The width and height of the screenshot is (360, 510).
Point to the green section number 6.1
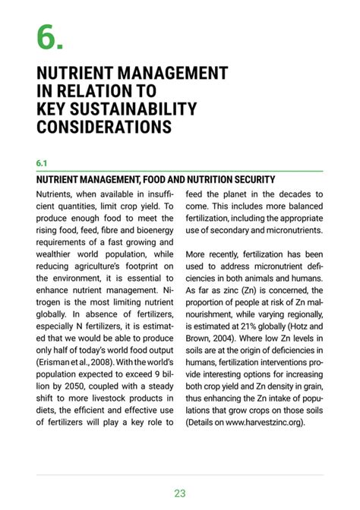coord(43,163)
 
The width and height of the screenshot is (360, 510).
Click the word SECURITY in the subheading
coord(246,180)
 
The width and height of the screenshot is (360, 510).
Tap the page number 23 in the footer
coord(180,493)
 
